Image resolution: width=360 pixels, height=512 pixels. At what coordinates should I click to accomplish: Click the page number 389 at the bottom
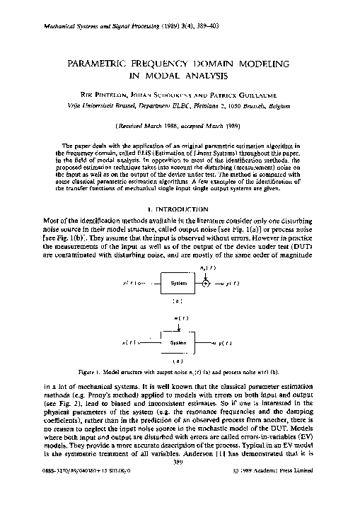179,483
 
